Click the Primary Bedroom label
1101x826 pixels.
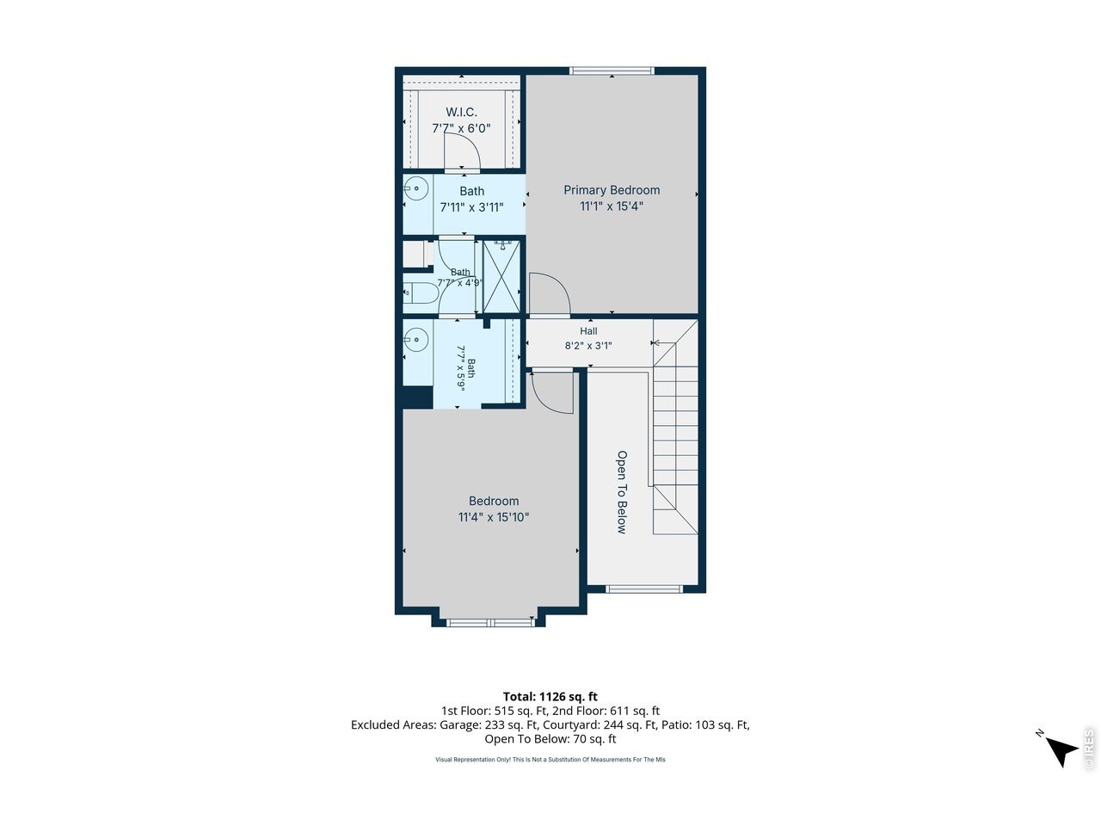(x=612, y=190)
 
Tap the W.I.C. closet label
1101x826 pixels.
(x=461, y=112)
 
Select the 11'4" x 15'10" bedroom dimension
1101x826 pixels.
(x=494, y=517)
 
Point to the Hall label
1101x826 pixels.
(x=588, y=331)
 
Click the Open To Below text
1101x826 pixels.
(x=622, y=492)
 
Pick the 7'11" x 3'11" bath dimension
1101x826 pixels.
(x=471, y=207)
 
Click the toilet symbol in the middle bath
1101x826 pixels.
(x=420, y=293)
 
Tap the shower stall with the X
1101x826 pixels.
(x=501, y=277)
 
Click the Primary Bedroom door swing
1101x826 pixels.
(x=550, y=294)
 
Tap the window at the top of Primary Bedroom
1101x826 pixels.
(x=612, y=71)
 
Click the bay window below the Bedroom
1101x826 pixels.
(x=489, y=623)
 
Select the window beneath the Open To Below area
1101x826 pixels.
(x=644, y=589)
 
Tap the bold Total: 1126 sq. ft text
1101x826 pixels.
(x=550, y=697)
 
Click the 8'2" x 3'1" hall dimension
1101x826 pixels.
(x=588, y=346)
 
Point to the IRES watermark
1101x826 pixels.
(x=1088, y=749)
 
